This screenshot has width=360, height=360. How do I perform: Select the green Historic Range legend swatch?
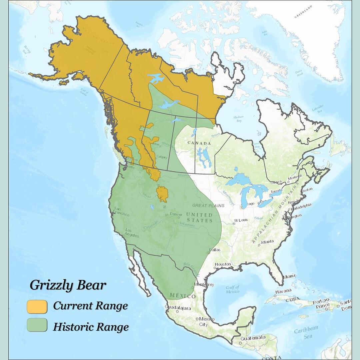tap(37, 325)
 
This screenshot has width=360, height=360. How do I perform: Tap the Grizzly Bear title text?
tap(68, 285)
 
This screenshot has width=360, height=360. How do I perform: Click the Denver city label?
tap(176, 214)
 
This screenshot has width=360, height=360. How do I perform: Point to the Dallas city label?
tap(215, 249)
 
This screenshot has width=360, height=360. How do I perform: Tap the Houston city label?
tap(223, 264)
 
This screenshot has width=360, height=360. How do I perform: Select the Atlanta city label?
tap(267, 241)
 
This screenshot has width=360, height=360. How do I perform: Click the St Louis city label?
tap(241, 220)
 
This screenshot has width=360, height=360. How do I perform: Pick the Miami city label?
tap(289, 276)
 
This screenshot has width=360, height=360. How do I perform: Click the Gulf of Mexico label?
tap(232, 289)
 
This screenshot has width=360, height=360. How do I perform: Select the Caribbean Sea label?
tap(306, 331)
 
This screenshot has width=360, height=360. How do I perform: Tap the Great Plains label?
tap(208, 206)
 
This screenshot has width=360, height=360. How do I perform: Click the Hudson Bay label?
tap(238, 119)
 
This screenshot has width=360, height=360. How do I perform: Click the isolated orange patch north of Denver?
tap(162, 194)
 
